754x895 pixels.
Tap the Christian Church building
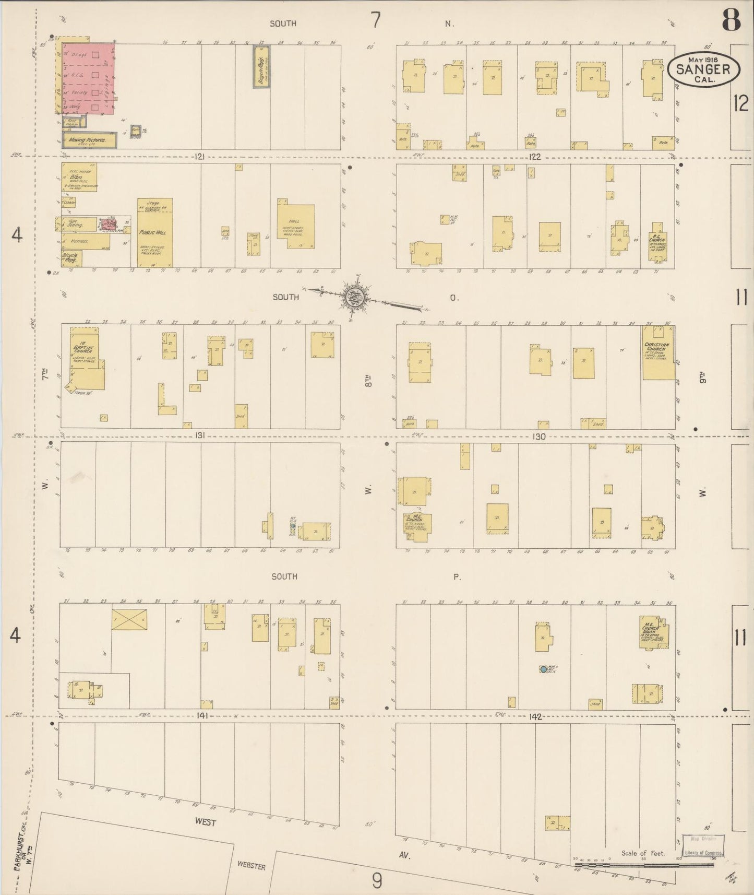pyautogui.click(x=657, y=354)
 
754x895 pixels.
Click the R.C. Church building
pyautogui.click(x=656, y=243)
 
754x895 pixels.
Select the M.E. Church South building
pyautogui.click(x=653, y=632)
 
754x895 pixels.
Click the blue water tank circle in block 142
pyautogui.click(x=543, y=669)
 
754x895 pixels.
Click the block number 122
pyautogui.click(x=534, y=156)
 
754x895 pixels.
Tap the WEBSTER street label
pyautogui.click(x=252, y=866)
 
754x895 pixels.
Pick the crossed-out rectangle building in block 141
pyautogui.click(x=129, y=619)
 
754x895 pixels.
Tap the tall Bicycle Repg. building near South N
pyautogui.click(x=261, y=66)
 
